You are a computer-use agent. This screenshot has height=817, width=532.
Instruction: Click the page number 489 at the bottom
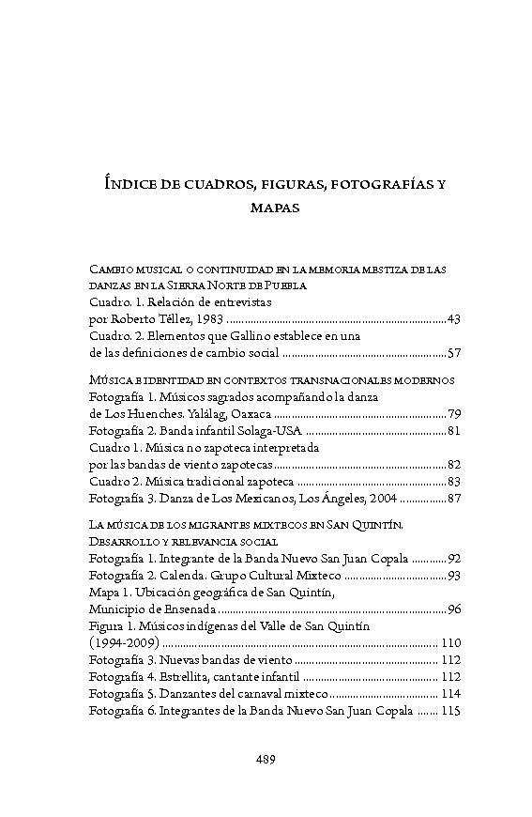[266, 760]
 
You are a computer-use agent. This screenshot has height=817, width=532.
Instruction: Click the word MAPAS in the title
[275, 208]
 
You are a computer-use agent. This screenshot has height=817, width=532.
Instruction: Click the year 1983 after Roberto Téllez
[208, 320]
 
